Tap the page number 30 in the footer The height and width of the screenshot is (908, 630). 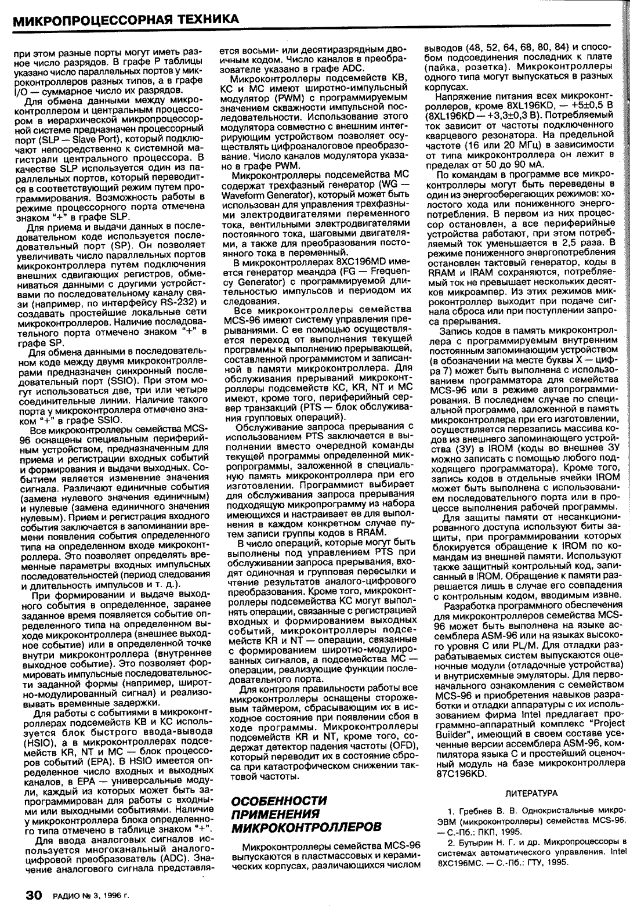click(x=28, y=895)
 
